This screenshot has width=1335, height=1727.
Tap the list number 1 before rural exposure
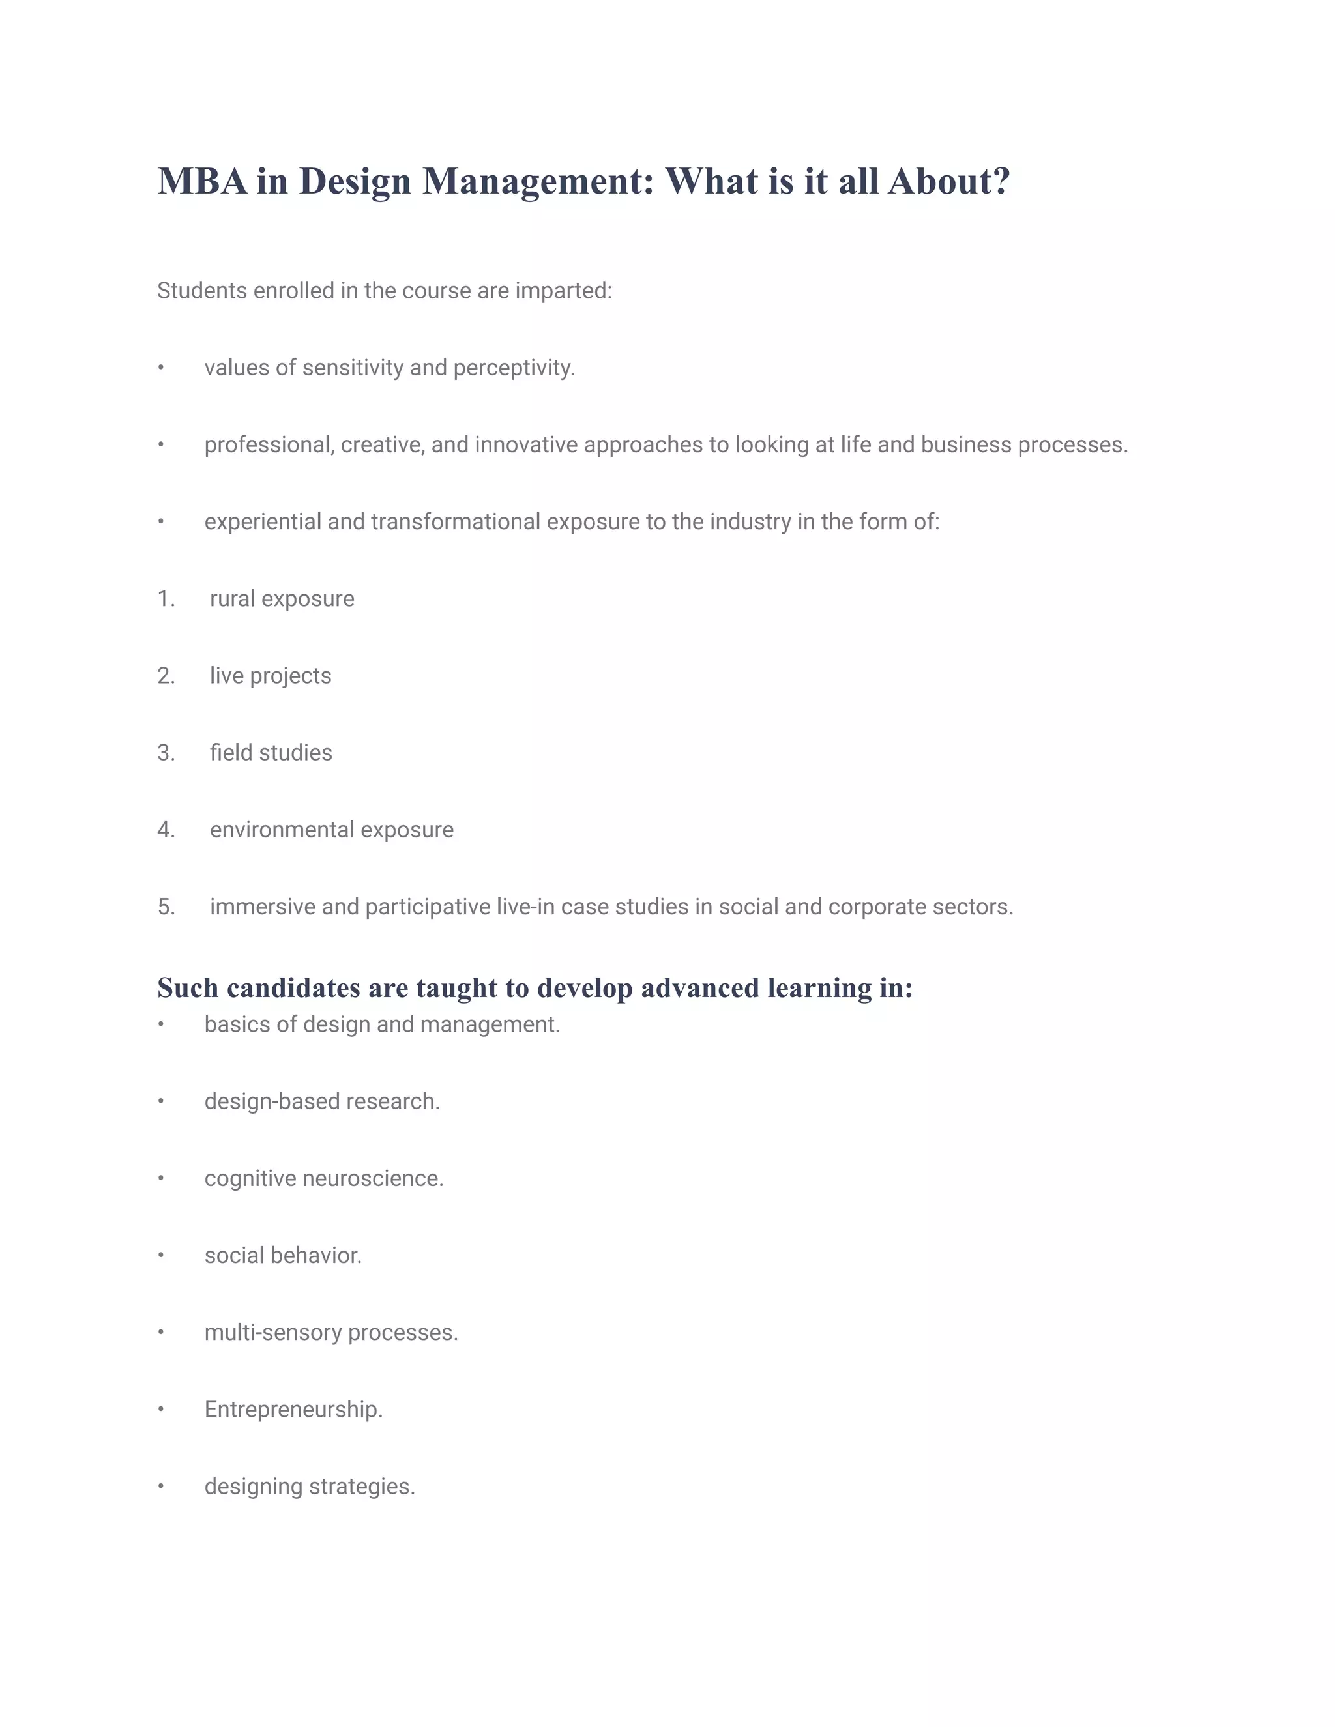click(164, 599)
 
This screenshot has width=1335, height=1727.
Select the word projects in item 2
click(290, 676)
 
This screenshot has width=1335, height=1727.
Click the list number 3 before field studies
click(164, 753)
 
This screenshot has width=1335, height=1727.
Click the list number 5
click(164, 907)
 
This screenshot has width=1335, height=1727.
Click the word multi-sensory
click(273, 1333)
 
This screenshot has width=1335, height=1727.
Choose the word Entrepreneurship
click(293, 1409)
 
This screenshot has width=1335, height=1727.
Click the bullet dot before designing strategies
click(160, 1487)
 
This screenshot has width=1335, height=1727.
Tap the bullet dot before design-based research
click(160, 1101)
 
